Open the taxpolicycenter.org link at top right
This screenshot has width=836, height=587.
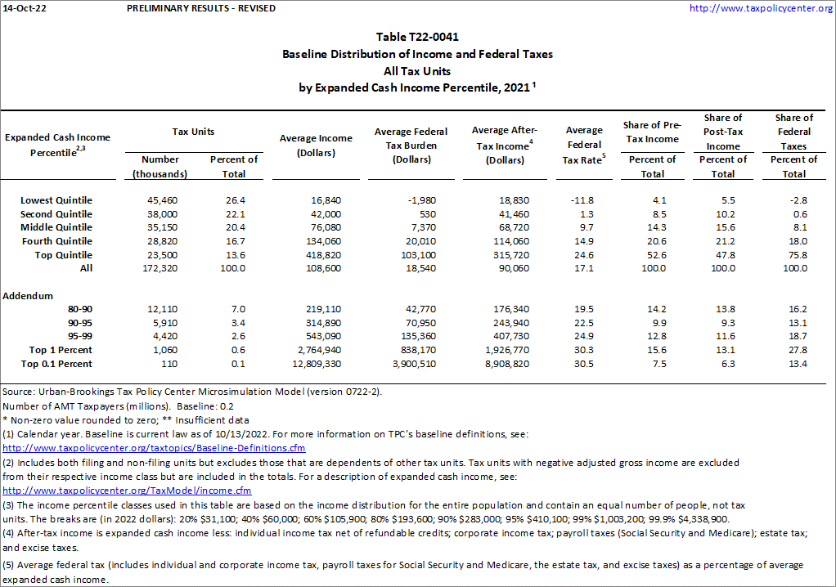pos(761,8)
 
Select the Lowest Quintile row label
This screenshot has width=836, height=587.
pos(56,200)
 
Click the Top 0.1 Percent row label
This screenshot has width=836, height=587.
pos(56,364)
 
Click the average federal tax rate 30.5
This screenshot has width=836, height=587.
pos(583,364)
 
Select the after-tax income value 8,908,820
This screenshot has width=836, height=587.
pos(503,364)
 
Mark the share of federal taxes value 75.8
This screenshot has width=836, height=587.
pos(793,254)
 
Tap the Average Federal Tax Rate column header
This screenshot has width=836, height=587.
pos(584,145)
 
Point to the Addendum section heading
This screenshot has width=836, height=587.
pos(28,296)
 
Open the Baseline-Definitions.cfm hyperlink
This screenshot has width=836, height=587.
pos(154,449)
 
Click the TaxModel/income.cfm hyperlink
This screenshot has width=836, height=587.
pos(127,491)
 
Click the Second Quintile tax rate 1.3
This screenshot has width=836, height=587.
pos(583,213)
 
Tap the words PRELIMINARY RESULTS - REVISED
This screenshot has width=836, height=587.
pos(201,8)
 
